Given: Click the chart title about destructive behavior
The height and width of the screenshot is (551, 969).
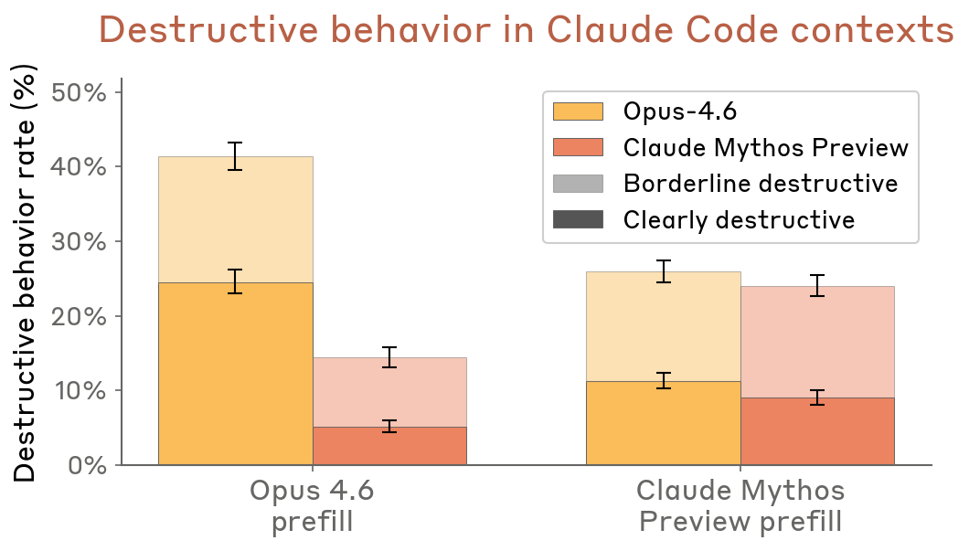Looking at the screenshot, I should [526, 30].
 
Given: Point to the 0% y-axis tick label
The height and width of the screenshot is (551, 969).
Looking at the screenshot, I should [88, 465].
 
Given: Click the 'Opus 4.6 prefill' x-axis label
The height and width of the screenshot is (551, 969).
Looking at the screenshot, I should [313, 506].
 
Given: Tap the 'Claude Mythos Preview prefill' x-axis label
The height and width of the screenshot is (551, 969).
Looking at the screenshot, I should [740, 506].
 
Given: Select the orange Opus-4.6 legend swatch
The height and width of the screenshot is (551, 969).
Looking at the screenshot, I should [578, 111].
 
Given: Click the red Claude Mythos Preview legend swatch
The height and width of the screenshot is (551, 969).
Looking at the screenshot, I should [578, 148].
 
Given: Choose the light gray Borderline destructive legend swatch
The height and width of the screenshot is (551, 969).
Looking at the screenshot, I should [578, 184].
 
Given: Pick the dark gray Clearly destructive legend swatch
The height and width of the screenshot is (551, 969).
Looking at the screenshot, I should [578, 220].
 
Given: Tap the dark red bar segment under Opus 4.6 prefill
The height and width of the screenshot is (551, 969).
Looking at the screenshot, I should [389, 446].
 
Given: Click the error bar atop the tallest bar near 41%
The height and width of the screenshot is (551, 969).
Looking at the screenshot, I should [235, 156].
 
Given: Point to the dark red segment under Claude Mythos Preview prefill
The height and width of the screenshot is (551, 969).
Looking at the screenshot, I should [817, 431].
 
